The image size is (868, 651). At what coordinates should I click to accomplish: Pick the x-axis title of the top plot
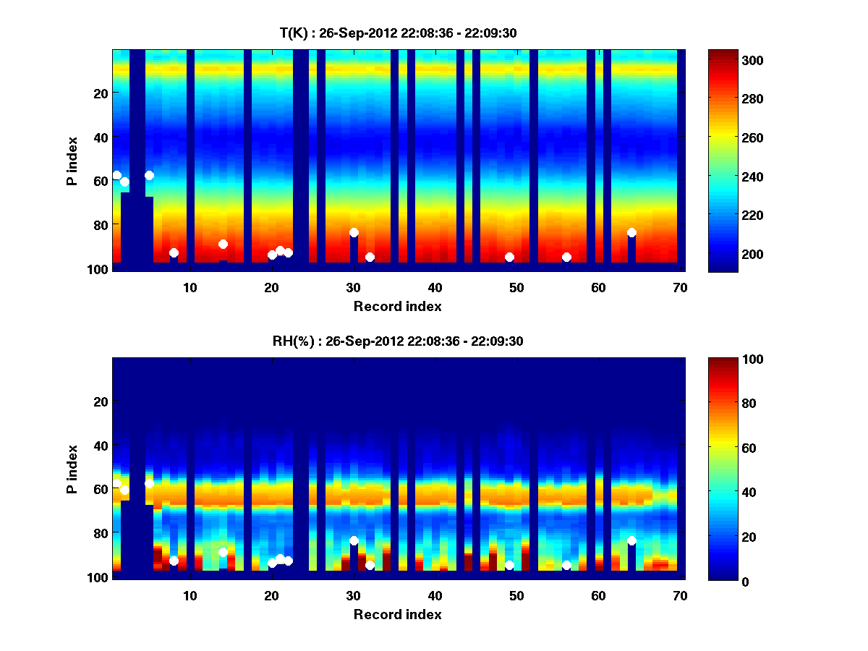pyautogui.click(x=397, y=306)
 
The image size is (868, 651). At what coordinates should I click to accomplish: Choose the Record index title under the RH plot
pyautogui.click(x=397, y=614)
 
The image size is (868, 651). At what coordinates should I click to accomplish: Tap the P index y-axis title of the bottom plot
pyautogui.click(x=72, y=469)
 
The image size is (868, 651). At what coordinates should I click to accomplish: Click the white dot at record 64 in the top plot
pyautogui.click(x=631, y=232)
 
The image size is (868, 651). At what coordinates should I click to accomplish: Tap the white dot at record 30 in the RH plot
pyautogui.click(x=354, y=540)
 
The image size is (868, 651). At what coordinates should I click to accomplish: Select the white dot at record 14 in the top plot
pyautogui.click(x=223, y=244)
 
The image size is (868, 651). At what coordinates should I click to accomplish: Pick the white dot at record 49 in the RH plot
pyautogui.click(x=509, y=566)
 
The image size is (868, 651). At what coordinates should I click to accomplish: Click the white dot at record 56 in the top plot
pyautogui.click(x=566, y=257)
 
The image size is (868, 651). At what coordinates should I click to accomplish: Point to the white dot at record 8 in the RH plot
pyautogui.click(x=174, y=561)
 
